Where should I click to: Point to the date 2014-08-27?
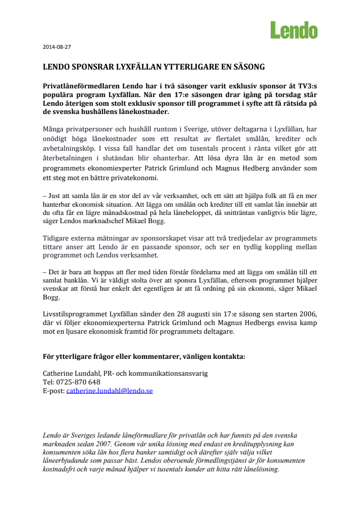(x=57, y=47)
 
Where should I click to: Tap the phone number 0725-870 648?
(x=77, y=382)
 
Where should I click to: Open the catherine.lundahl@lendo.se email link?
(x=110, y=390)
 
